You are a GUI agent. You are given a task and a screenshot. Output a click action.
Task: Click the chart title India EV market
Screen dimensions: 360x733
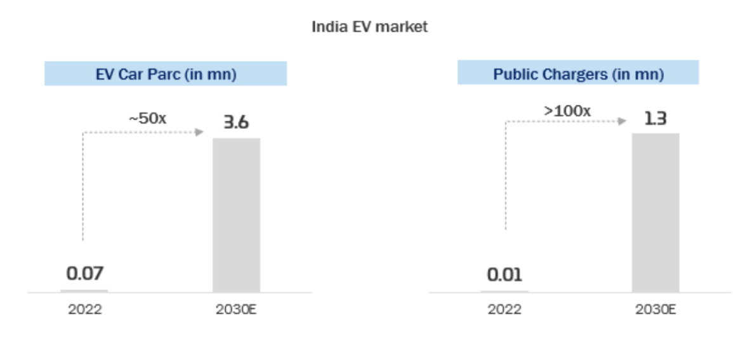[369, 27]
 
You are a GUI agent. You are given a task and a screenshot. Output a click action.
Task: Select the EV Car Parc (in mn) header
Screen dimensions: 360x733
[166, 74]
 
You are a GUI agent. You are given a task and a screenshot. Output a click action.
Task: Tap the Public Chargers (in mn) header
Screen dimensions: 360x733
[578, 74]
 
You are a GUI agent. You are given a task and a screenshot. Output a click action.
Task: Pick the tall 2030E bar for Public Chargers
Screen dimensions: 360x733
[655, 213]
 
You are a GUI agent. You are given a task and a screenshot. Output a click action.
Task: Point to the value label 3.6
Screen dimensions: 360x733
[236, 122]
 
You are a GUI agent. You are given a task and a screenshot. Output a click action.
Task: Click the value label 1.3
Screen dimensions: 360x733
[655, 119]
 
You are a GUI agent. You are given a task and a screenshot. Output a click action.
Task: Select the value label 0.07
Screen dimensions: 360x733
[84, 274]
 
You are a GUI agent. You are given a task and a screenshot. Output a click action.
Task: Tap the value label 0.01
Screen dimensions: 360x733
[505, 275]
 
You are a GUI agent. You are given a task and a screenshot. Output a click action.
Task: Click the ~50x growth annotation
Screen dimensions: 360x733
[148, 117]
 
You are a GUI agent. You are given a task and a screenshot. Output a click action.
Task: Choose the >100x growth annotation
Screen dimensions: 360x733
[567, 110]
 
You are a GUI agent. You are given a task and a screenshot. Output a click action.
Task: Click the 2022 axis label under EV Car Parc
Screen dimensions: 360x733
[84, 310]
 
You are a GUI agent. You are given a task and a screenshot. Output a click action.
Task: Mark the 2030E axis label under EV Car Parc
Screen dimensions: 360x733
[236, 310]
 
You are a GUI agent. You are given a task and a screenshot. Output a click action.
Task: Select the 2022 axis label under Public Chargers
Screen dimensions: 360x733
[505, 310]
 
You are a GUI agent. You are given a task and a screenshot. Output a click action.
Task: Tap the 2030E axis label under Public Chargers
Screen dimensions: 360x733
[655, 310]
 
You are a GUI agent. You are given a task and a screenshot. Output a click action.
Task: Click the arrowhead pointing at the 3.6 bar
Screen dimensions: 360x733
[200, 132]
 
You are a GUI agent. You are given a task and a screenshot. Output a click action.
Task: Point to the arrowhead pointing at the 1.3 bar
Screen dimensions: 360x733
[622, 121]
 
